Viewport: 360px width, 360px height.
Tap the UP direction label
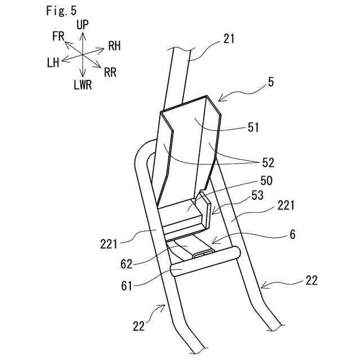point(82,25)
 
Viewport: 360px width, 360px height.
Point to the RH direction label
point(114,46)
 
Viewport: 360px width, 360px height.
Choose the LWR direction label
point(82,85)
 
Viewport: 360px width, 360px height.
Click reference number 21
point(228,39)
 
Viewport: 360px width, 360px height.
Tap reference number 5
point(271,82)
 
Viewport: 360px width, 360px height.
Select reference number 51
point(253,127)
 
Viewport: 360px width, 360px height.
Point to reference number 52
point(268,163)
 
